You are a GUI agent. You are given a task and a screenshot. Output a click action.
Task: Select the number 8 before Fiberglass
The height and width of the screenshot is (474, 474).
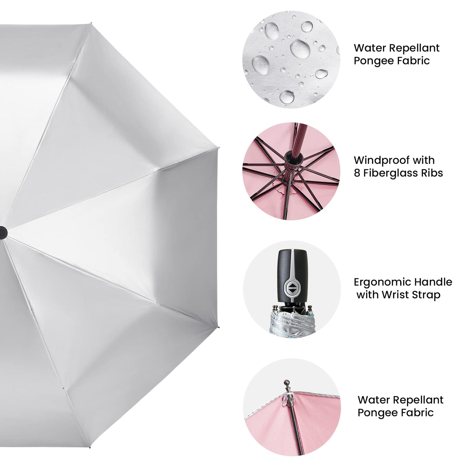[357, 173]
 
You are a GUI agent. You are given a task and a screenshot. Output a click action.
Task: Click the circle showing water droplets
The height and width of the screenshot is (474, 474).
[291, 60]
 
